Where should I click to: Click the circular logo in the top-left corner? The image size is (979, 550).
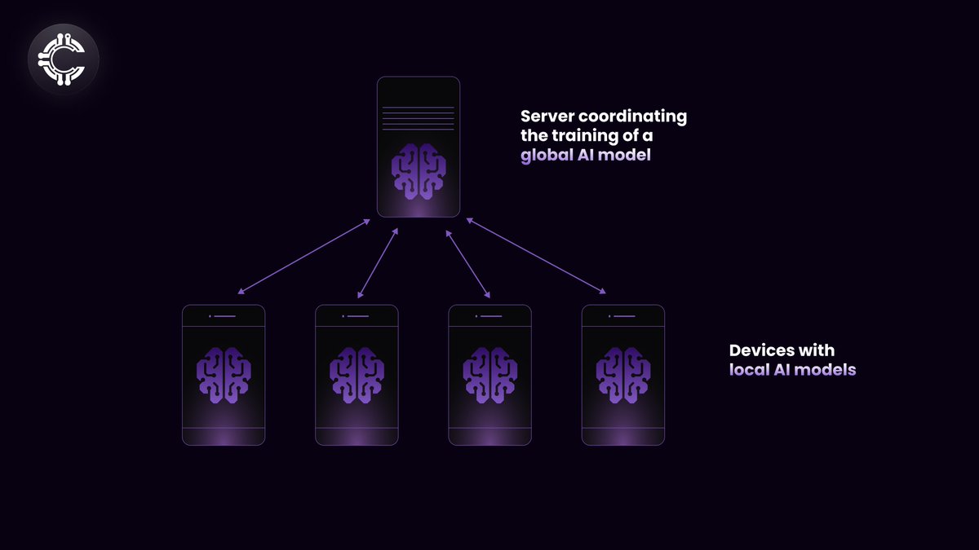point(63,59)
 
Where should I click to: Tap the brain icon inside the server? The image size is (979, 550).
point(419,171)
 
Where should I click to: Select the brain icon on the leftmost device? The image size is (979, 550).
point(224,375)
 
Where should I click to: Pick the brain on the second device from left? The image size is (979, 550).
point(357,375)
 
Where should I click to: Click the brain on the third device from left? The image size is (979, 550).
point(489,375)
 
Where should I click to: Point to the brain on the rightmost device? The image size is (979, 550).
point(622,375)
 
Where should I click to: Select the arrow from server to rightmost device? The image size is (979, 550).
point(536,255)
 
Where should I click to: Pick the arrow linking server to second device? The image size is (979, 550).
point(378,262)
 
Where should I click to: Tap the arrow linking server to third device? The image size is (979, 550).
point(468,262)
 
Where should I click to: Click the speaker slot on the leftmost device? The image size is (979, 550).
point(224,315)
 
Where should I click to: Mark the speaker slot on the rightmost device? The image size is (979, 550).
point(624,315)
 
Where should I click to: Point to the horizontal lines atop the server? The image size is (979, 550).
point(419,118)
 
